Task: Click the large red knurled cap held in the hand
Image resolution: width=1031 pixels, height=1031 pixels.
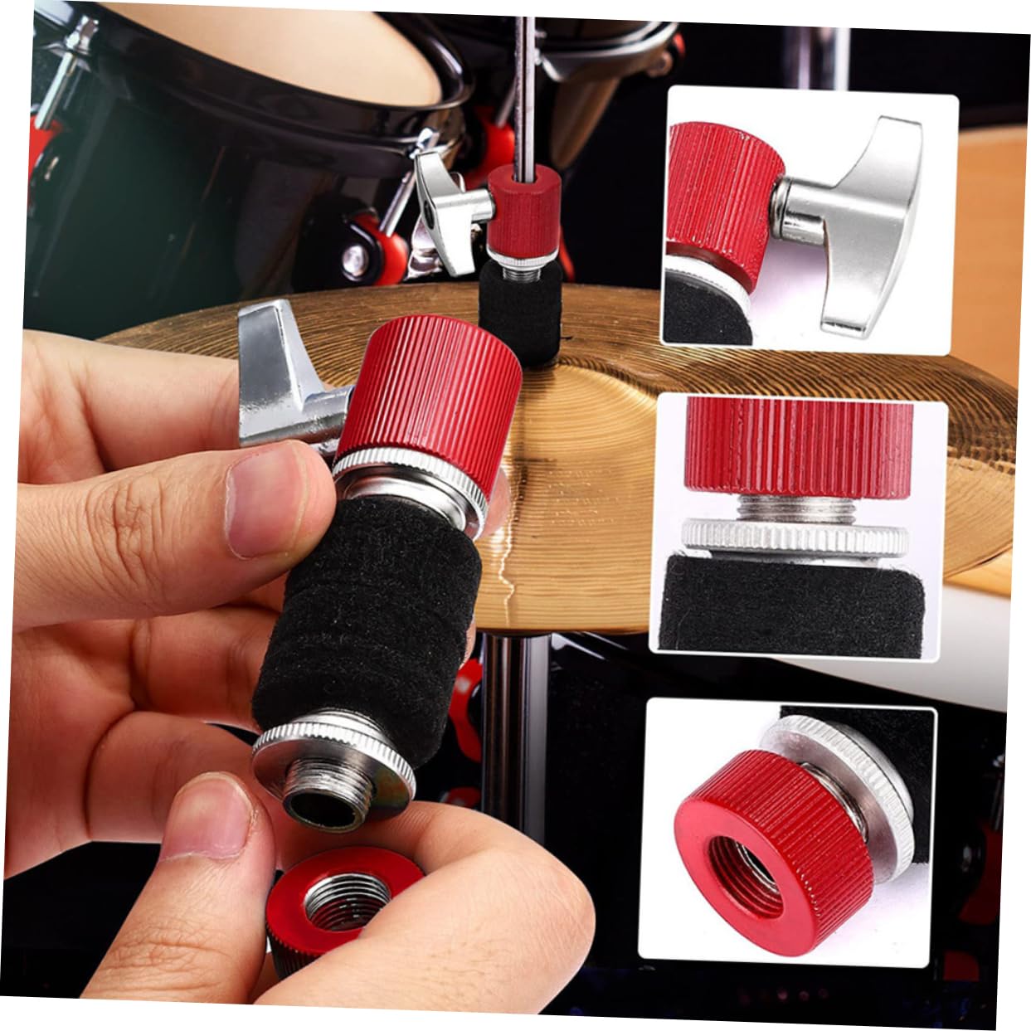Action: [431, 390]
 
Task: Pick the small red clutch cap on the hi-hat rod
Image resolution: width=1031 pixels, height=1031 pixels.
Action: [523, 207]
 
